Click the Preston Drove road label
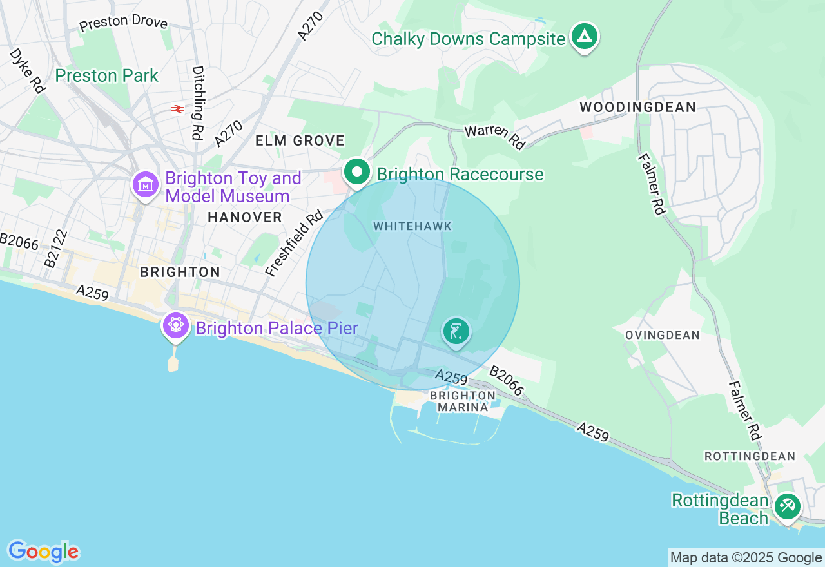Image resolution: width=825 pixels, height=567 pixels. (123, 23)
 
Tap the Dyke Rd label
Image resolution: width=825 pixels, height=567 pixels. (27, 70)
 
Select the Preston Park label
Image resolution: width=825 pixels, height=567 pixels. (106, 76)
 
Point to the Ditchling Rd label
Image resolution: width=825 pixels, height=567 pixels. (197, 102)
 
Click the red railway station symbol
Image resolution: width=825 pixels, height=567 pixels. (178, 109)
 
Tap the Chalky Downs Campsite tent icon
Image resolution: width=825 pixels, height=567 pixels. (584, 37)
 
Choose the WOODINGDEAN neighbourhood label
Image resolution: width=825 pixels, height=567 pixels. (637, 108)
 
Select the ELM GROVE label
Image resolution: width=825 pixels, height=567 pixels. (300, 140)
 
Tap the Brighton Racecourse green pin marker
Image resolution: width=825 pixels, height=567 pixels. (356, 172)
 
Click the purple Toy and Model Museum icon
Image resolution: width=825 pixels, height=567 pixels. (146, 185)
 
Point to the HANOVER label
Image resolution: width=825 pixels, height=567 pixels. (245, 218)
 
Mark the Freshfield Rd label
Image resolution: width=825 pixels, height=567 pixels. (294, 244)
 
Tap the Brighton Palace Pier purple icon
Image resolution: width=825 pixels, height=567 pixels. (175, 325)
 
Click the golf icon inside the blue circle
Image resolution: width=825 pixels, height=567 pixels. (456, 332)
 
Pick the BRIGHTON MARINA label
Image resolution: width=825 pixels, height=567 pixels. (463, 401)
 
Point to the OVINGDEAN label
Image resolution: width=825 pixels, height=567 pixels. (662, 335)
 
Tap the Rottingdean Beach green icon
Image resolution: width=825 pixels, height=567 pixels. (787, 506)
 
